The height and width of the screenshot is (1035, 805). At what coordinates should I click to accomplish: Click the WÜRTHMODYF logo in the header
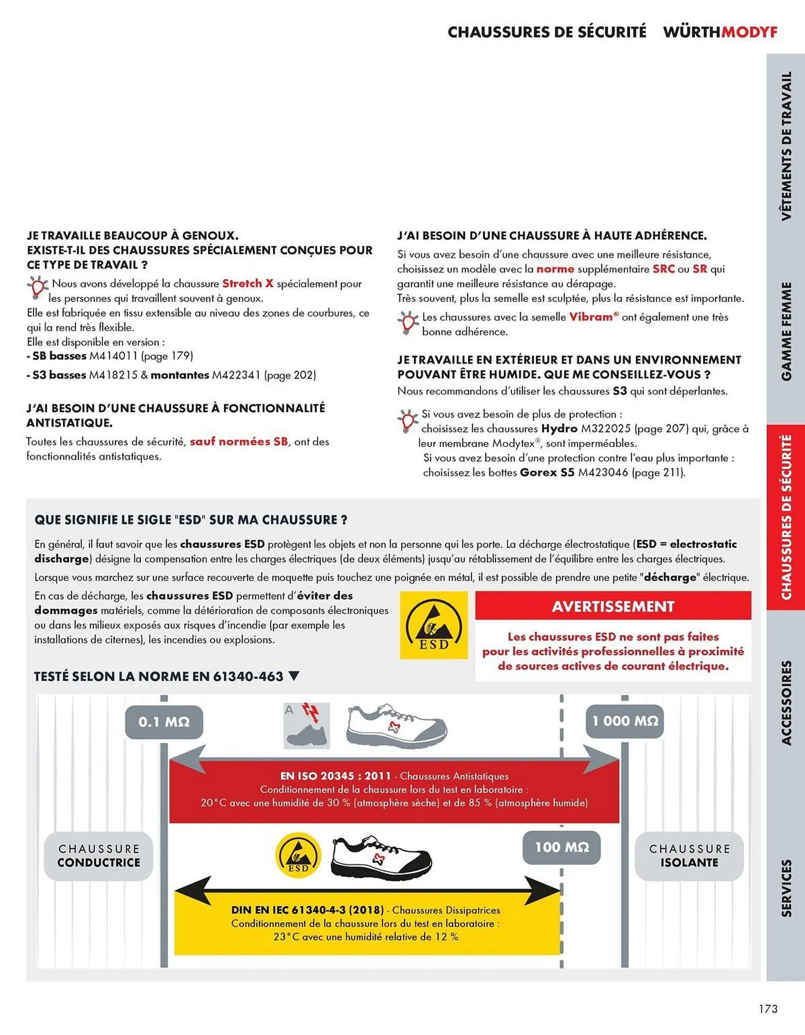(720, 32)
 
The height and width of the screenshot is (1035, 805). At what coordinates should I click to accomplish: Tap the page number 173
(768, 1009)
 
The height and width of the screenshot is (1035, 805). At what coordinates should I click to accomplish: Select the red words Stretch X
(247, 284)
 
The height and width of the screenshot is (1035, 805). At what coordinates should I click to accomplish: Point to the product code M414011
(113, 356)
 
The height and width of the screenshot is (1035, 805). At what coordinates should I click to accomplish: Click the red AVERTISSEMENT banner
(612, 606)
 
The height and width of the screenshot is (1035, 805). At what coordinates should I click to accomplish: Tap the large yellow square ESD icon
(433, 625)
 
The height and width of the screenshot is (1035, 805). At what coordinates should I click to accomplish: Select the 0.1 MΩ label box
(164, 721)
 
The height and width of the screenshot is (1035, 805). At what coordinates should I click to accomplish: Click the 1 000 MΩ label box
(624, 721)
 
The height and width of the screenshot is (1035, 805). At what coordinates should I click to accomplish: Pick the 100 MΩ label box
(561, 847)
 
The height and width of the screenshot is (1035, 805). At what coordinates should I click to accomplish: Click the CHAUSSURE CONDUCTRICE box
(98, 855)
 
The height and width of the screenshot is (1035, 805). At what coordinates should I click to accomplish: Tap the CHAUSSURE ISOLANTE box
(689, 855)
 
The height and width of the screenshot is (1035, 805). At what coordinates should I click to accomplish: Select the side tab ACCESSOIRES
(786, 702)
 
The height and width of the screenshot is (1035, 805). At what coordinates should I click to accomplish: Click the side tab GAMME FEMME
(786, 331)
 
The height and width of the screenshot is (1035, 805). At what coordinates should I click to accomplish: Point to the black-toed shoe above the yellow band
(382, 856)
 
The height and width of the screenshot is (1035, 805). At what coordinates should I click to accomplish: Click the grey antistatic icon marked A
(306, 726)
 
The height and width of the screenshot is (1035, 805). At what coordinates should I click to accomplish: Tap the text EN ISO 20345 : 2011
(335, 776)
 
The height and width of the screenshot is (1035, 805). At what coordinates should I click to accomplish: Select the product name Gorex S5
(547, 472)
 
